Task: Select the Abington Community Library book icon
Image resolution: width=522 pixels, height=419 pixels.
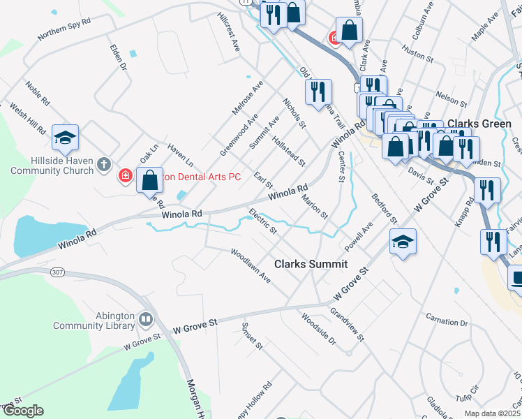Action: tap(146, 320)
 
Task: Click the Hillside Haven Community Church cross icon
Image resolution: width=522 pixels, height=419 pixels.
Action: tap(104, 165)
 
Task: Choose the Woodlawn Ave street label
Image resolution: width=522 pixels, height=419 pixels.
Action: tap(251, 265)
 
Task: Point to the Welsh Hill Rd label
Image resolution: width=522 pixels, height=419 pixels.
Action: tap(29, 119)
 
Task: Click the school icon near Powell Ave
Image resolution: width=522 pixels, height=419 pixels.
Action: tap(403, 242)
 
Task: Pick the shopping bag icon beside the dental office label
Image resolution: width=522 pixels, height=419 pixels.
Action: tap(149, 180)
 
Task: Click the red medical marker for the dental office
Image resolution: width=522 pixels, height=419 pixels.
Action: tap(126, 176)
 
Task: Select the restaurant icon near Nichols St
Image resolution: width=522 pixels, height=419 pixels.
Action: tap(318, 91)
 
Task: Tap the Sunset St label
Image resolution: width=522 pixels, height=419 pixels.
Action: tap(251, 336)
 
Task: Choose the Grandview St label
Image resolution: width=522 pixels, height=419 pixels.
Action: tap(347, 325)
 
